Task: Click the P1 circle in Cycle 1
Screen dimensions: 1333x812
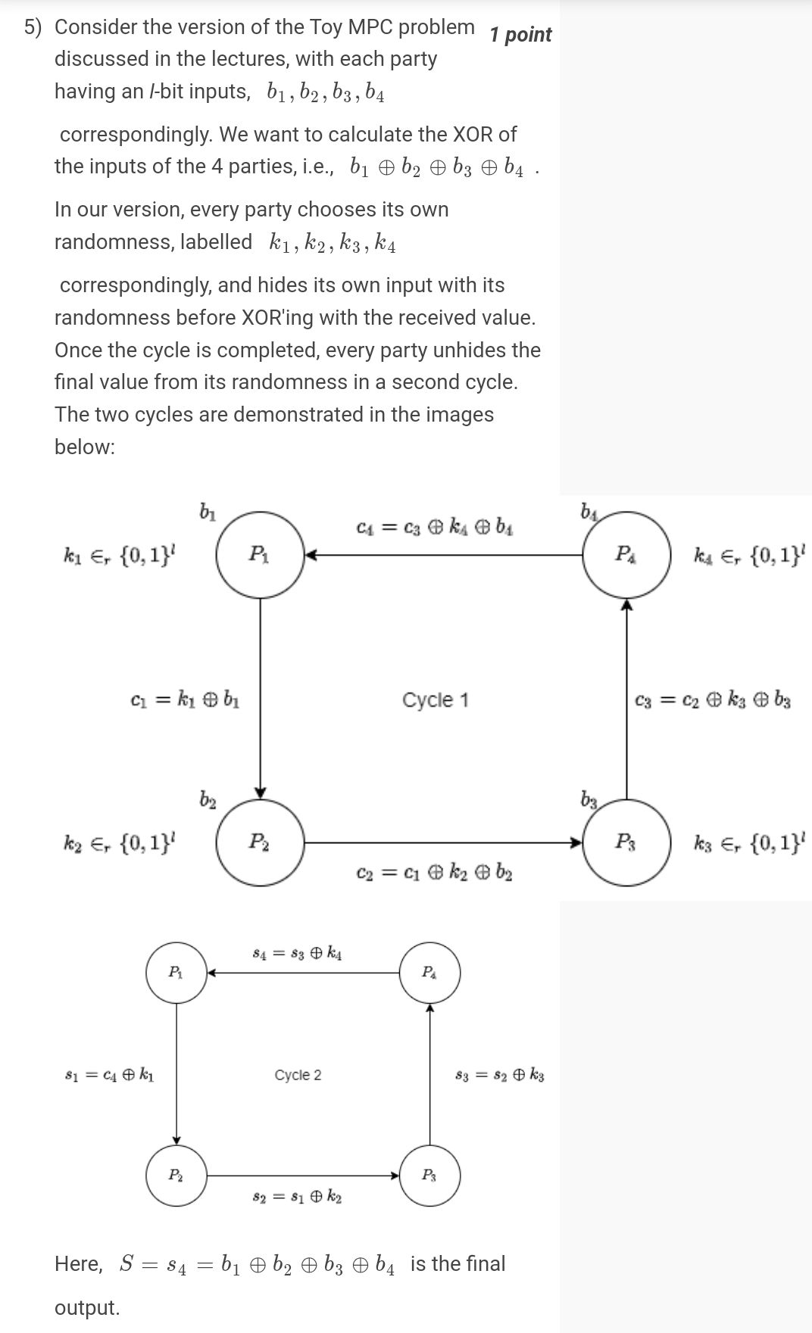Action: tap(260, 556)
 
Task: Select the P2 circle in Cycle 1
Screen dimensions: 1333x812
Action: tap(260, 842)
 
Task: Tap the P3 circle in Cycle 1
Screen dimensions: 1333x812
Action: tap(626, 842)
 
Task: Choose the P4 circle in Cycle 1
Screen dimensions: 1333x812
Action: tap(626, 556)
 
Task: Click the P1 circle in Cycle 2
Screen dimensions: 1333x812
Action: tap(176, 973)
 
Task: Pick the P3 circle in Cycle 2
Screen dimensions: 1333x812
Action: tap(429, 1176)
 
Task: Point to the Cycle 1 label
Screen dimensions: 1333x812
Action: tap(435, 700)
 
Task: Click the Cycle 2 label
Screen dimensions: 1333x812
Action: tap(298, 1075)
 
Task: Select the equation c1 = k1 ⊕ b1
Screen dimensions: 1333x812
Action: tap(185, 699)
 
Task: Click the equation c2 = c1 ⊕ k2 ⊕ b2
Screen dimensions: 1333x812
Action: tap(435, 873)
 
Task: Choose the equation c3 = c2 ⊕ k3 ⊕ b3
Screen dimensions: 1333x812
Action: tap(713, 700)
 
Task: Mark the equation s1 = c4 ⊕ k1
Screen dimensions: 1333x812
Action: tap(111, 1075)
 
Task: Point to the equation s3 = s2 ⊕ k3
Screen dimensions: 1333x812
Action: tap(499, 1075)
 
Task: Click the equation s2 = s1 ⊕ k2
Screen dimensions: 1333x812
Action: tap(297, 1198)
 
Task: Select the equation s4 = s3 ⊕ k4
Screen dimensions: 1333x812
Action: tap(297, 953)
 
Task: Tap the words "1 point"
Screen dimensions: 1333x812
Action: tap(520, 35)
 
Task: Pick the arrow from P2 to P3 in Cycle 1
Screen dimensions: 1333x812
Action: tap(443, 842)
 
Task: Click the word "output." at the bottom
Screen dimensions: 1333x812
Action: tap(87, 1307)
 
